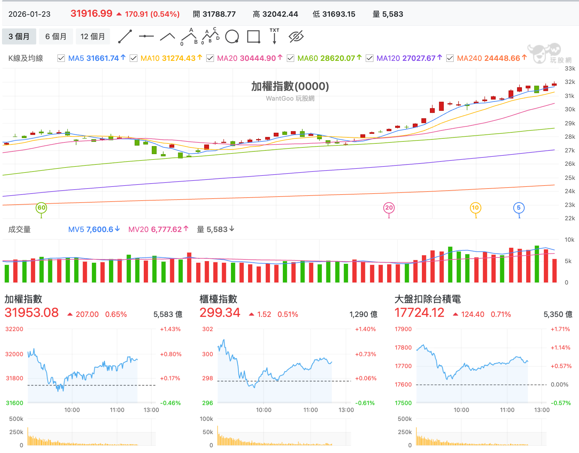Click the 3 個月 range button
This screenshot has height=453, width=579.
tap(19, 36)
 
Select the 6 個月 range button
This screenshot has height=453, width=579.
tap(56, 36)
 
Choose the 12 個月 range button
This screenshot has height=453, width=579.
tap(93, 36)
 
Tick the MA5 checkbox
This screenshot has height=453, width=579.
tap(61, 59)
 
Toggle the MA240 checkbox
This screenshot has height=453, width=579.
tap(450, 59)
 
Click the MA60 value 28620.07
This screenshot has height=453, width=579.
tap(338, 59)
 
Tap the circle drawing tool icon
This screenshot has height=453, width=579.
tap(232, 36)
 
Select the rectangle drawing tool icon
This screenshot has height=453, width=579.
tap(254, 36)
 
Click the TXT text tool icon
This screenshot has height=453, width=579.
tap(274, 36)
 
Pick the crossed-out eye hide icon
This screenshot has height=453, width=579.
tap(296, 36)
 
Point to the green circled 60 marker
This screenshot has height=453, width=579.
tap(41, 208)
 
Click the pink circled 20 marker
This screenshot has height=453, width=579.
tap(389, 208)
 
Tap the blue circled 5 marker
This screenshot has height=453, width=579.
tap(519, 208)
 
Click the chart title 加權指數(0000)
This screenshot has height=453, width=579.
tap(290, 86)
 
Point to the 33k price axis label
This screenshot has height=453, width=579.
tap(570, 69)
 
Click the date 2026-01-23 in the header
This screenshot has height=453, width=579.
tap(29, 14)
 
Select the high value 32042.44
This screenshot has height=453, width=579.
tap(280, 14)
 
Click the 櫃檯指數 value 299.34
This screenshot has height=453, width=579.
tap(220, 313)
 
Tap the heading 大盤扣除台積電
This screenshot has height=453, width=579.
tap(428, 299)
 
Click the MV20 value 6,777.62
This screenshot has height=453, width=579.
tap(166, 229)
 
